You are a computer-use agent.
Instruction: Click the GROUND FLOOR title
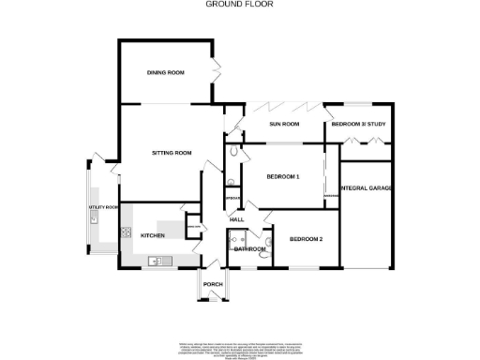[x=239, y=4]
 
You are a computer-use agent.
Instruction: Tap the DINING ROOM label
[x=165, y=72]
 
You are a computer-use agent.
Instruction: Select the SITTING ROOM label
[x=172, y=152]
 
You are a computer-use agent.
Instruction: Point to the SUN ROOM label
[x=284, y=124]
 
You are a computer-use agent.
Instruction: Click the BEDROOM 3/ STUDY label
[x=360, y=124]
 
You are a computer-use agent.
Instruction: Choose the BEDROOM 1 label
[x=282, y=177]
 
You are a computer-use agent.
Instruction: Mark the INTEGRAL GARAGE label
[x=367, y=188]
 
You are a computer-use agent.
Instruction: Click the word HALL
[x=237, y=219]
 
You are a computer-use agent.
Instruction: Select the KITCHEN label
[x=153, y=235]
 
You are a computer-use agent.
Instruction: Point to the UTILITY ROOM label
[x=103, y=206]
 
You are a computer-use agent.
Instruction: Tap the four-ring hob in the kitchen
[x=125, y=228]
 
